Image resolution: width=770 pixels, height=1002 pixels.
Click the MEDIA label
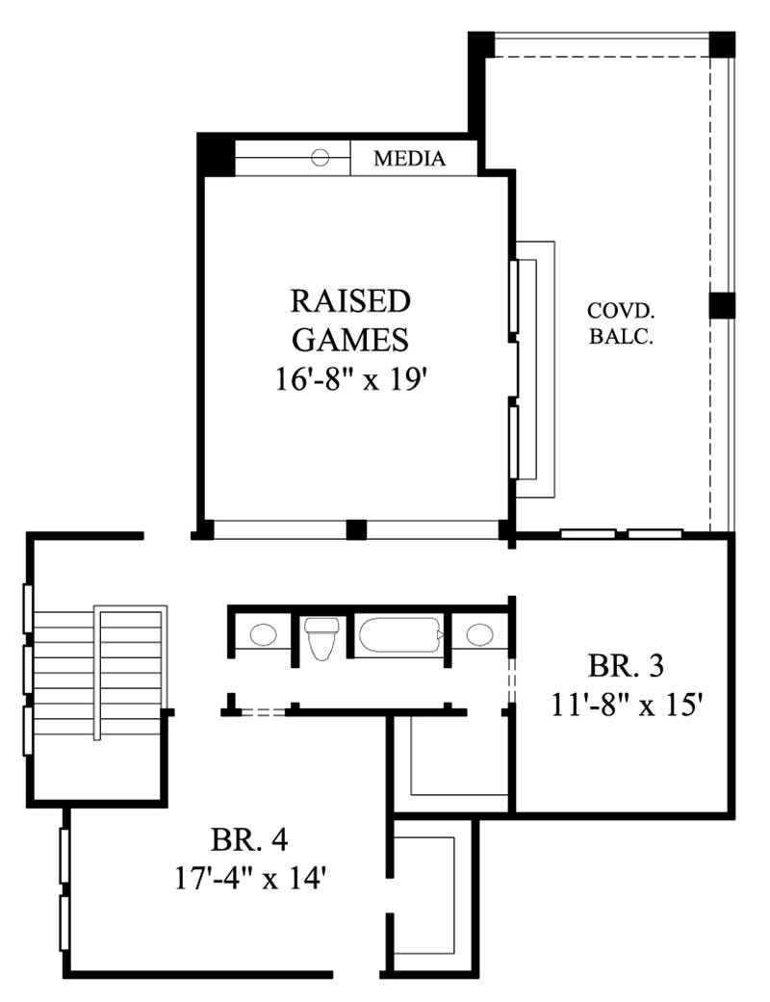coord(409,159)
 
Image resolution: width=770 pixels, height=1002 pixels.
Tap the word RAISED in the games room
coord(350,301)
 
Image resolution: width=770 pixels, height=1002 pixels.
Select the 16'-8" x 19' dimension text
coord(350,378)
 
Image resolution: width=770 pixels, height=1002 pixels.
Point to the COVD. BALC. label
coord(621,323)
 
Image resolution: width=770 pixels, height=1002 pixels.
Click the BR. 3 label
coord(627,665)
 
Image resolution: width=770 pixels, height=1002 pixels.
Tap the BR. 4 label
coord(248,839)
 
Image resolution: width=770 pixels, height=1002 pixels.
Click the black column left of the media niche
coord(217,155)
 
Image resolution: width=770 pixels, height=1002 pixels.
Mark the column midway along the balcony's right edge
coord(722,305)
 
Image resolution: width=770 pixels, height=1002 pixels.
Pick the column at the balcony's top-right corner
coord(722,44)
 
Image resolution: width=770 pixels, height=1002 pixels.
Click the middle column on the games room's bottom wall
coord(357,529)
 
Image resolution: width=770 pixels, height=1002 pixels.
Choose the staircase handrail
coord(98,674)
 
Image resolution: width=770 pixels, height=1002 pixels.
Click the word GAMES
coord(350,340)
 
